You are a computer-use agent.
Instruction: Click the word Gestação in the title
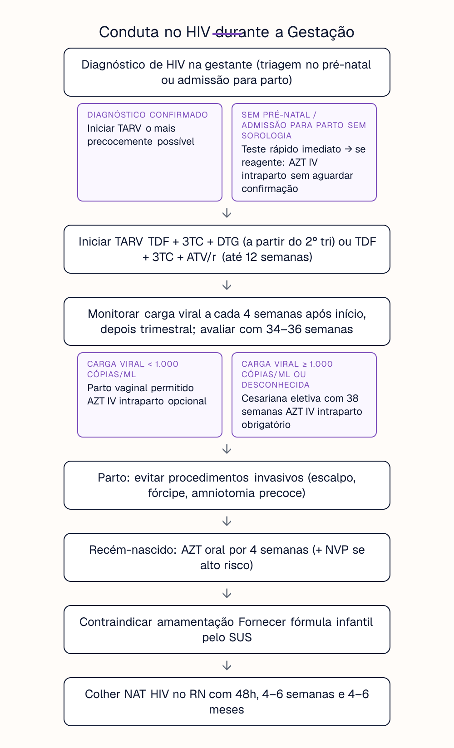click(321, 32)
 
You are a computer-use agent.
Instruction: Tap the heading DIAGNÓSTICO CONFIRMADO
click(148, 115)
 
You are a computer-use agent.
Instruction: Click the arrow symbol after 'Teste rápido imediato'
click(348, 149)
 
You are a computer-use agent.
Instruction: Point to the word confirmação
click(270, 189)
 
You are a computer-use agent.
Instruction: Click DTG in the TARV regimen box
click(228, 241)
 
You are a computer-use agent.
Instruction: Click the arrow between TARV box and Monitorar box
click(227, 285)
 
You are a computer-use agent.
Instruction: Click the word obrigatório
click(266, 425)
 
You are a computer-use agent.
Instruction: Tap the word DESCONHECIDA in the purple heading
click(276, 385)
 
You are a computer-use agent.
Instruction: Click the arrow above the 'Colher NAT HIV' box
click(227, 665)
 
